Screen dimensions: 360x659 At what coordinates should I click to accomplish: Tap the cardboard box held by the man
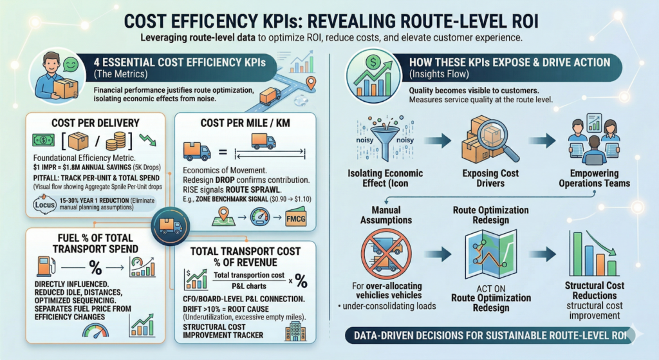point(65,87)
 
